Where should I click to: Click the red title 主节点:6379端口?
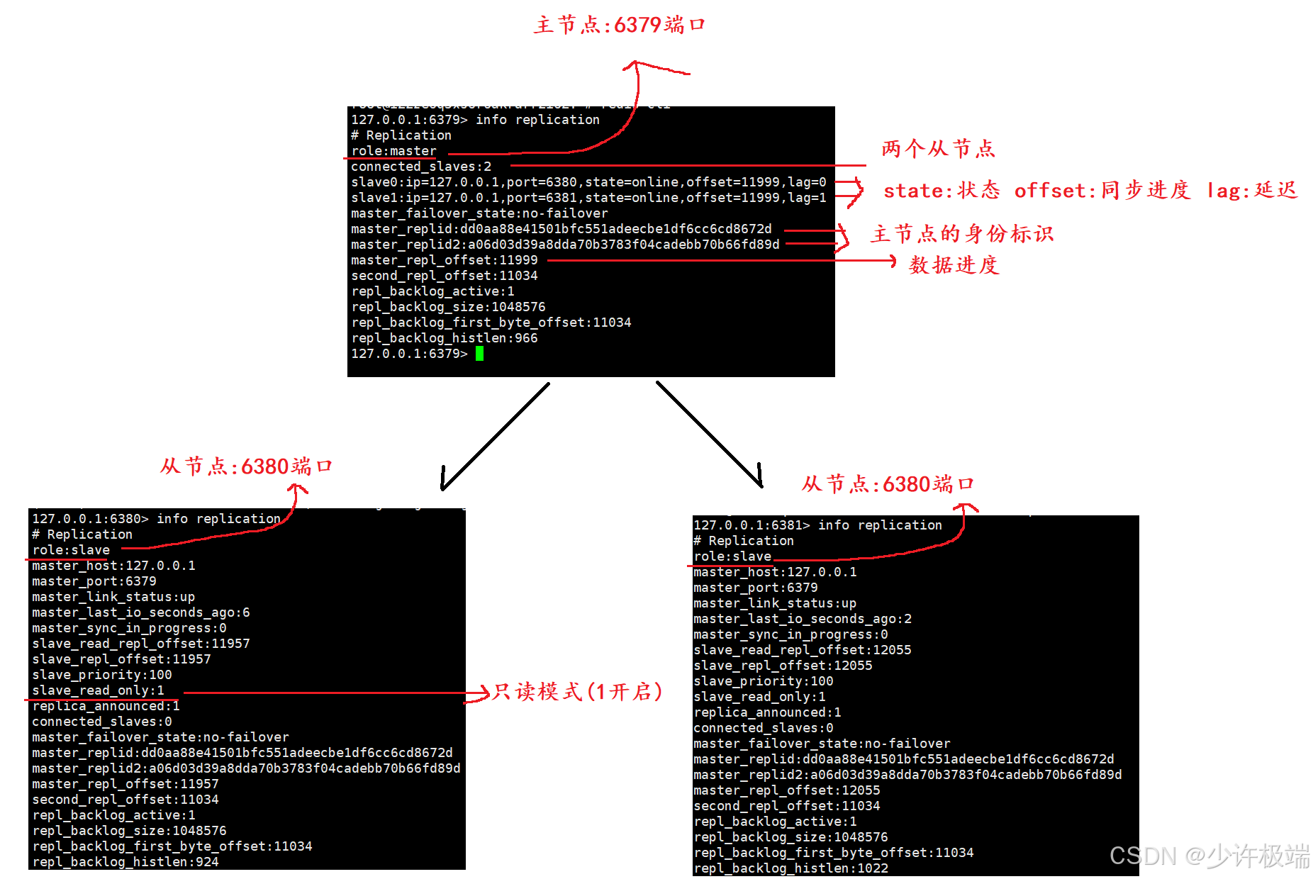[619, 26]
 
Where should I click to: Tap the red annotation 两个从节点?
[938, 149]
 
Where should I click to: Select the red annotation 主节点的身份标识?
[962, 234]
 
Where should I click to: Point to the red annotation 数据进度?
[954, 265]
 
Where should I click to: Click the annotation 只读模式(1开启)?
[577, 692]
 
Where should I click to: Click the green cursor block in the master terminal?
[480, 354]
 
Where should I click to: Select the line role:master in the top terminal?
[393, 151]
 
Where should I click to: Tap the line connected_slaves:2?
[420, 167]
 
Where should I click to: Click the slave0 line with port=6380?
[588, 182]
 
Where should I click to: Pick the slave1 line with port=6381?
[588, 198]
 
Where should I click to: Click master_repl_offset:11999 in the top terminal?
[444, 260]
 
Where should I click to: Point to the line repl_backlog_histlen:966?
[444, 338]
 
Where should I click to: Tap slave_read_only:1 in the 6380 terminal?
[98, 690]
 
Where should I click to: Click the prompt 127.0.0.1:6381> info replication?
[817, 525]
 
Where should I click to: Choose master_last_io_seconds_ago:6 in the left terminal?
[140, 612]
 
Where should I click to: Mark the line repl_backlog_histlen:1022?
[790, 868]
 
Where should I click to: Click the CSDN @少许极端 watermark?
[1209, 856]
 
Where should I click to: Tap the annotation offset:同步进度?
[1102, 191]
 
